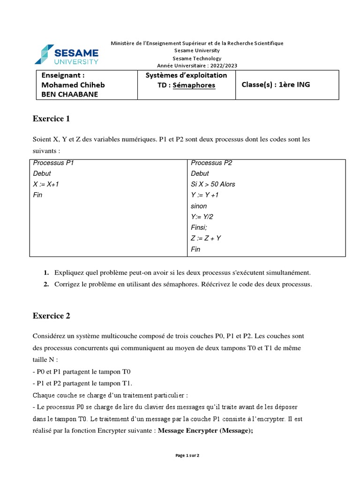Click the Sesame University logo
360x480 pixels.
click(66, 54)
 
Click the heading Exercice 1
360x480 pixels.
click(51, 119)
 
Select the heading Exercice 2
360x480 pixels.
click(51, 315)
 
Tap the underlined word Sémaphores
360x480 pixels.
click(194, 85)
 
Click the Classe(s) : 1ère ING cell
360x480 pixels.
click(276, 85)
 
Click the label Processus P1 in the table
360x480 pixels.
click(53, 163)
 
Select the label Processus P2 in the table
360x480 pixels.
click(211, 163)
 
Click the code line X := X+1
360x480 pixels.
click(46, 184)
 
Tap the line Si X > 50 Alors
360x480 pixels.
click(213, 184)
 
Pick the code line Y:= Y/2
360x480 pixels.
click(202, 217)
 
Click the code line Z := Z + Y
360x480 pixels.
click(206, 238)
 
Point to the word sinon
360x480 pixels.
click(199, 206)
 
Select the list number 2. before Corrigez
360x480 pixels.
click(46, 284)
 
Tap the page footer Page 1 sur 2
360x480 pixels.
click(187, 455)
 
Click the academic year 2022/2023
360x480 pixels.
click(224, 66)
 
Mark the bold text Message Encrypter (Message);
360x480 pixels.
click(205, 431)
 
